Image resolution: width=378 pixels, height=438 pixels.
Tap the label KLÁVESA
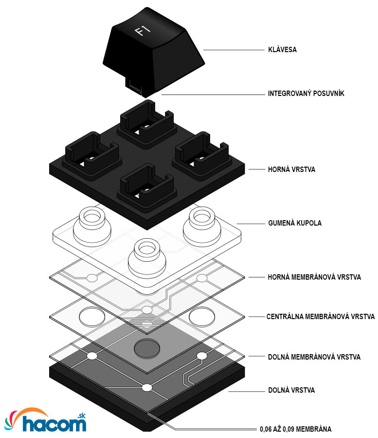[x=282, y=50]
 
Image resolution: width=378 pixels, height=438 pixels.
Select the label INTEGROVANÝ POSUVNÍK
[x=306, y=93]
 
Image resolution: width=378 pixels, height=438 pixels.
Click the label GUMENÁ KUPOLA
[x=294, y=223]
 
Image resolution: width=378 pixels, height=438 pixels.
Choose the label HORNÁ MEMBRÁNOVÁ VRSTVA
[x=314, y=277]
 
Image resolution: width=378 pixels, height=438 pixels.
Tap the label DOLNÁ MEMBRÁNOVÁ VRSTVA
[x=314, y=357]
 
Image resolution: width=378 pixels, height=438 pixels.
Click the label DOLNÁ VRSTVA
[x=291, y=390]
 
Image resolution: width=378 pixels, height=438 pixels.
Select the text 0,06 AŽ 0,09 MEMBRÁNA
[x=295, y=429]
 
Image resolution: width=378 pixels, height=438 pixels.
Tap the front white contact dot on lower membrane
[x=146, y=388]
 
